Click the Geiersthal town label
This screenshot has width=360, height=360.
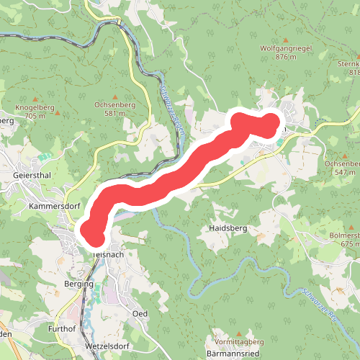click(x=32, y=176)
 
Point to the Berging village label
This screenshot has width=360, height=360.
click(x=78, y=284)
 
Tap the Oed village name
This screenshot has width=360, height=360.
click(x=140, y=314)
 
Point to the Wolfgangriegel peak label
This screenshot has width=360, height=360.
click(x=286, y=49)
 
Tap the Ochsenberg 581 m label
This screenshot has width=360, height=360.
click(x=114, y=104)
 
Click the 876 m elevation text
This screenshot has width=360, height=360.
click(x=286, y=58)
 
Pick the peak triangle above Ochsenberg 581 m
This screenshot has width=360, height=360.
click(x=115, y=94)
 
